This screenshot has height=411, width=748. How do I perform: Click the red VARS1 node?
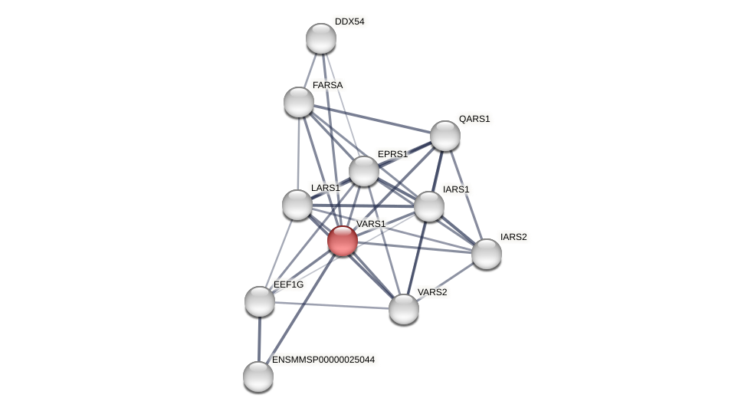tap(343, 241)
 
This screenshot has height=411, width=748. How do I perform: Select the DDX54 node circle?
tap(321, 38)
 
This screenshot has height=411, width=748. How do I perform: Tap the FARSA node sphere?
tap(299, 102)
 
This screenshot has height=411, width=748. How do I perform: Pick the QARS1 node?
tap(445, 136)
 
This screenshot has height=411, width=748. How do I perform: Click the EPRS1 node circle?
tap(364, 171)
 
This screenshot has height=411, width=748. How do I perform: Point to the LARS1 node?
tap(297, 205)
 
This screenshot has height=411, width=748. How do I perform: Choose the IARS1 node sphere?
tap(429, 206)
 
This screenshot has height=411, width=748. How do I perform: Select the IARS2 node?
tap(487, 254)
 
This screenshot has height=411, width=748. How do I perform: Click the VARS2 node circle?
tap(404, 309)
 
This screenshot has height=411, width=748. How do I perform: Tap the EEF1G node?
tap(260, 301)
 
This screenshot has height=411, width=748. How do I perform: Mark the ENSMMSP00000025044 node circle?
tap(258, 376)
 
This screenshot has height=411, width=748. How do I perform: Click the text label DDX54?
tap(349, 21)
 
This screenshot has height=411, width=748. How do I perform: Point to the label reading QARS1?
tap(474, 119)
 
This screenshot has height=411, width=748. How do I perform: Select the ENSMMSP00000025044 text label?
tap(323, 360)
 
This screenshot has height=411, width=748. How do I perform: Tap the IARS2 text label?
tap(513, 237)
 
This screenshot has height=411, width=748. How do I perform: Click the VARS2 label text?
tap(432, 292)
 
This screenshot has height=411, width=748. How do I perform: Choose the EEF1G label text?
tap(288, 284)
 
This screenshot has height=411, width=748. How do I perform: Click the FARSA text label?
tap(327, 85)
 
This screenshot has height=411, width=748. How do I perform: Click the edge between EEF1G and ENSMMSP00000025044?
tap(259, 339)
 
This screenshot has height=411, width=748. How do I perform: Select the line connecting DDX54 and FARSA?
tap(310, 70)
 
